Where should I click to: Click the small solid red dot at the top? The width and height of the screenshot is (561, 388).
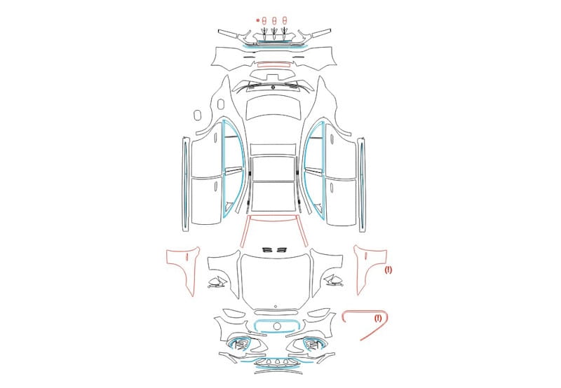click(257, 20)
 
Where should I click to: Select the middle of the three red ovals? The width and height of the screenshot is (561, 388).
click(274, 20)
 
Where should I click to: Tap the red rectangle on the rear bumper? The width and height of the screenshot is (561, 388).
click(273, 64)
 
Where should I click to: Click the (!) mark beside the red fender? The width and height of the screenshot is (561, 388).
click(388, 270)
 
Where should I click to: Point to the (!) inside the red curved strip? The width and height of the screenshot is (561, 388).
click(378, 318)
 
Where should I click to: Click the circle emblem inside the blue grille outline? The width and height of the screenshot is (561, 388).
click(277, 326)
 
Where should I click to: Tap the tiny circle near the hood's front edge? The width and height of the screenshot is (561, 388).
click(276, 307)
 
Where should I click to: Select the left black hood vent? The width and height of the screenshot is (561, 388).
click(268, 249)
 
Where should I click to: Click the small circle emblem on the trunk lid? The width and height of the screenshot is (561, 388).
click(273, 87)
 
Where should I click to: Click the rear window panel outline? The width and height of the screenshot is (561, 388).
click(273, 107)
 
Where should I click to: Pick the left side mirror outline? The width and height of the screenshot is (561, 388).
click(217, 282)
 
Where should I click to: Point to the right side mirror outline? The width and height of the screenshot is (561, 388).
click(334, 281)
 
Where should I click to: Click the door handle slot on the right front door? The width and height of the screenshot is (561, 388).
click(332, 188)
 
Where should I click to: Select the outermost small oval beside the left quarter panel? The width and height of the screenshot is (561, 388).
click(197, 115)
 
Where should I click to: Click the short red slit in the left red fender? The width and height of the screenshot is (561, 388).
click(187, 256)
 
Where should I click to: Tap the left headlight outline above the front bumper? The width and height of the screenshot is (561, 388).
click(234, 313)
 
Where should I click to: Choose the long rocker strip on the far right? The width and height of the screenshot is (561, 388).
click(361, 185)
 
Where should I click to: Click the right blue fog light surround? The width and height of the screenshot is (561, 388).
click(314, 344)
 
